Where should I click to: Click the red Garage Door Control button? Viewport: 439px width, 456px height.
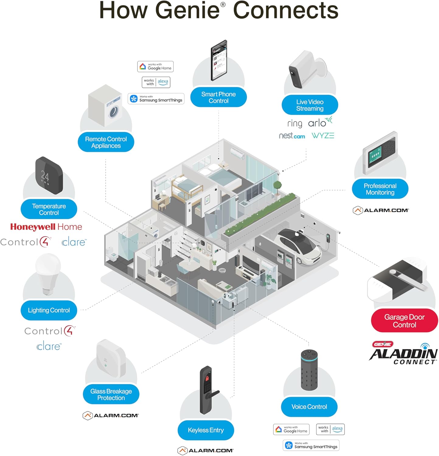pos(404,321)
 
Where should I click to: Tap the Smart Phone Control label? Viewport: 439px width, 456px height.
pos(218,97)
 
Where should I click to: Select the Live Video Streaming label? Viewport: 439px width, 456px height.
pos(310,105)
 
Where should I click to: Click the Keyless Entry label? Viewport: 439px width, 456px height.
pos(206,430)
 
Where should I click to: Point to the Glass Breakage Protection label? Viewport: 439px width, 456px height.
pos(111,394)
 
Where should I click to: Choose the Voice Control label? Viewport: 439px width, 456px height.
pos(309,407)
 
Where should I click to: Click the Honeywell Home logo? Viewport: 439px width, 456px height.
pos(46,227)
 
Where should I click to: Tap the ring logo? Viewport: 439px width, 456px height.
pos(294,123)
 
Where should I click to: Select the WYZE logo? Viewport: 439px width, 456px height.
pos(323,136)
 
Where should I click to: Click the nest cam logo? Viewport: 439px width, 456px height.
pos(292,136)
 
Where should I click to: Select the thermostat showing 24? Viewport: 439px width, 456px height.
pos(49,175)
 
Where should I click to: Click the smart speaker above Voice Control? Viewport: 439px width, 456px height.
pos(309,370)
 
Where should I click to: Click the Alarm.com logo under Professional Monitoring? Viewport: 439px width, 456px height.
pos(381,210)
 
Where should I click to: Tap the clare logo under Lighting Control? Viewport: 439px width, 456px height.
pos(49,346)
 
